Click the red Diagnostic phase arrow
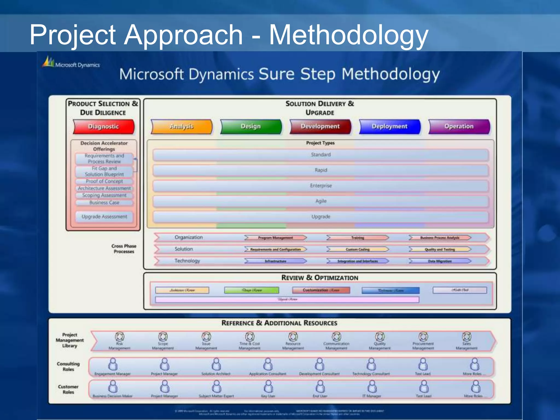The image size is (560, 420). click(104, 127)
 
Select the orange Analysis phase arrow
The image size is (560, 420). click(182, 127)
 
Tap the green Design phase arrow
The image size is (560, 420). click(251, 127)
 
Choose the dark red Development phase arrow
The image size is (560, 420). click(320, 127)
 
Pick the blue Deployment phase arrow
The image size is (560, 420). click(390, 127)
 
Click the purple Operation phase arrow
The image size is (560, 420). click(459, 127)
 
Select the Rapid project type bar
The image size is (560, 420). click(320, 170)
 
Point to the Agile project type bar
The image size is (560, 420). click(320, 201)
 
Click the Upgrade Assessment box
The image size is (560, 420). click(104, 217)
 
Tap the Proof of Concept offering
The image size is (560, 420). click(104, 181)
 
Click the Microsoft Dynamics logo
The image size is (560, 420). click(71, 63)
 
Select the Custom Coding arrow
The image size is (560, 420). click(357, 249)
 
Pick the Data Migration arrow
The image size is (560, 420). click(440, 261)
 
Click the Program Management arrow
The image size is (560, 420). click(275, 238)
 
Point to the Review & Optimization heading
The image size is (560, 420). click(320, 278)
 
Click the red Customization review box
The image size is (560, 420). click(321, 290)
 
